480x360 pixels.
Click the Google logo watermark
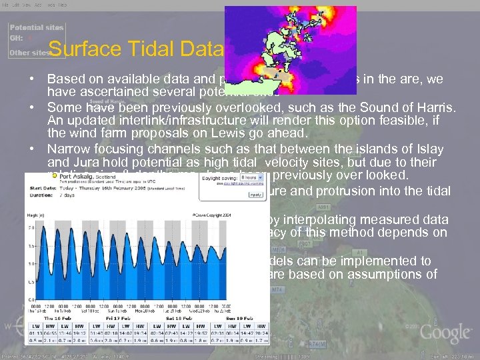point(445,332)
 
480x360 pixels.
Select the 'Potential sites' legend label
point(36,27)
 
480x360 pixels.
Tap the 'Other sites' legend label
point(29,52)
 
